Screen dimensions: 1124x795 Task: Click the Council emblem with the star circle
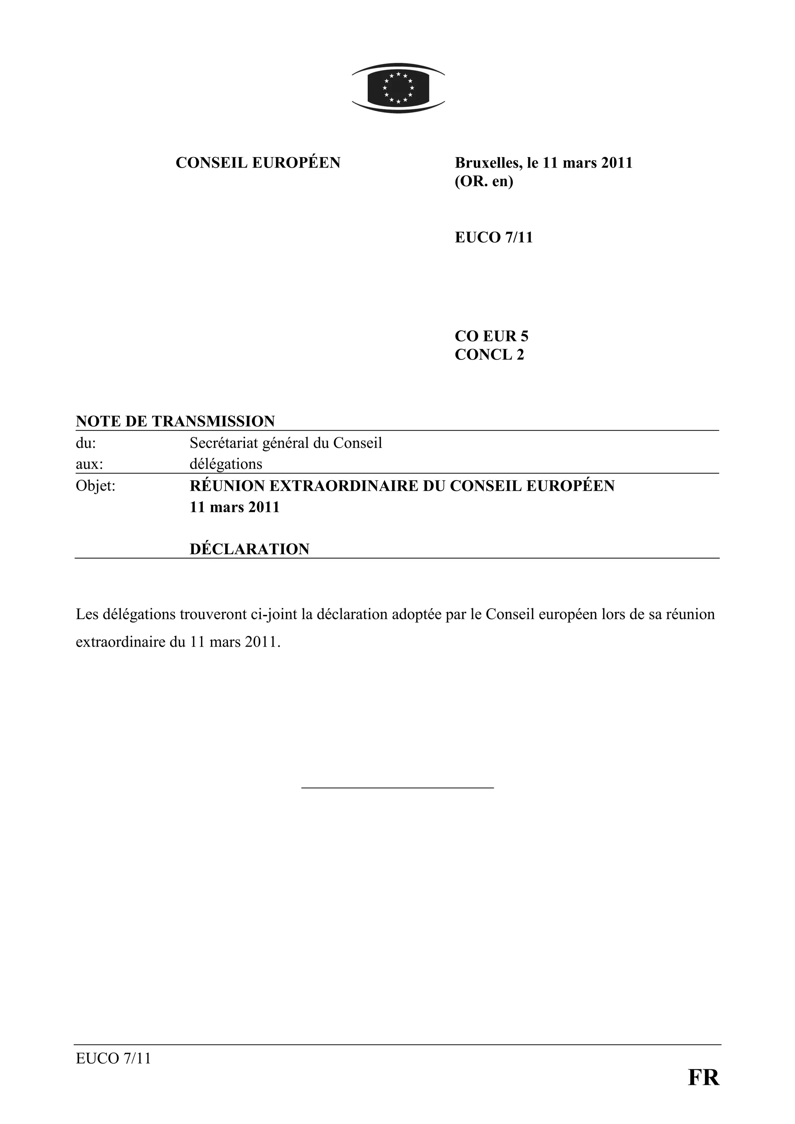pos(398,88)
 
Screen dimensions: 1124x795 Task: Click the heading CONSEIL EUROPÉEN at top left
pos(258,163)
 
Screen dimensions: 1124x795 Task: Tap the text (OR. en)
pos(483,182)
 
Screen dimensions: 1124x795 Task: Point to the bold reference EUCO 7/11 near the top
pos(493,237)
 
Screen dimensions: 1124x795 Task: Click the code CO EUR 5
pos(491,336)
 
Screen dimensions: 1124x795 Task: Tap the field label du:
pos(86,443)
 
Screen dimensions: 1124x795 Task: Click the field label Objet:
pos(95,486)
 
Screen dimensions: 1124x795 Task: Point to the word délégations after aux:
pos(226,463)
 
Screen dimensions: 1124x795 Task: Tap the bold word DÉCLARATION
pos(249,549)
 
